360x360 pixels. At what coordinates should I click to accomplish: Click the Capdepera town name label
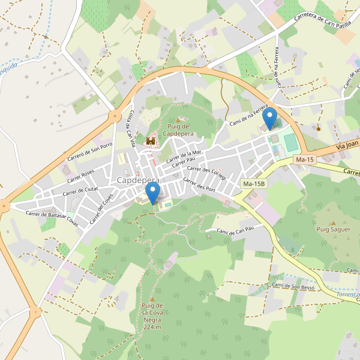click(x=139, y=180)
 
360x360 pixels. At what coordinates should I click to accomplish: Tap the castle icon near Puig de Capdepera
click(x=151, y=141)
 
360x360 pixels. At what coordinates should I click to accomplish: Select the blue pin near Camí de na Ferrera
click(x=270, y=118)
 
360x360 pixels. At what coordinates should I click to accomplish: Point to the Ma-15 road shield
click(x=305, y=160)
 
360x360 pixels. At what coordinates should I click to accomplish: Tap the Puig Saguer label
click(x=333, y=229)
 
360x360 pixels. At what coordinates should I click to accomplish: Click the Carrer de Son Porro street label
click(x=90, y=152)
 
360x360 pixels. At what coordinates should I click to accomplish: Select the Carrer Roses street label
click(x=80, y=176)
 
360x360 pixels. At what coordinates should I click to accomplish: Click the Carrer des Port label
click(x=199, y=185)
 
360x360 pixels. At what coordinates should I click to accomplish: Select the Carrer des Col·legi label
click(x=206, y=173)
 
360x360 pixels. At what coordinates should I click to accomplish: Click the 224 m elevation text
click(x=152, y=327)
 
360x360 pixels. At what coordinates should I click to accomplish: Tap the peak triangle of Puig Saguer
click(x=333, y=223)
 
